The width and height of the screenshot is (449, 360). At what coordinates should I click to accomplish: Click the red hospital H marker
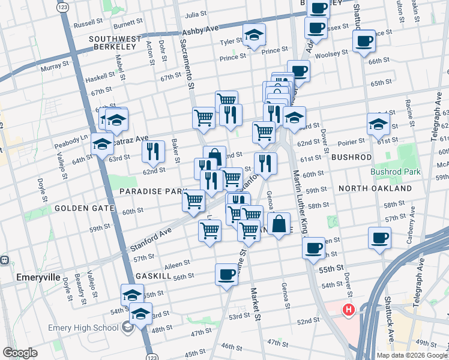(348, 310)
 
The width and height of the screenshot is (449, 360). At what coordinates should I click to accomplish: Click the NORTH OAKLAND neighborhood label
(375, 188)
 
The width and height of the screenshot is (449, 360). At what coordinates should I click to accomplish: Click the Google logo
(20, 353)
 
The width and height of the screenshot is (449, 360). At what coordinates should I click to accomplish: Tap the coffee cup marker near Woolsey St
(364, 42)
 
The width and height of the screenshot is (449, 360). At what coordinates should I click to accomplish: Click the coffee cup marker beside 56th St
(226, 275)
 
